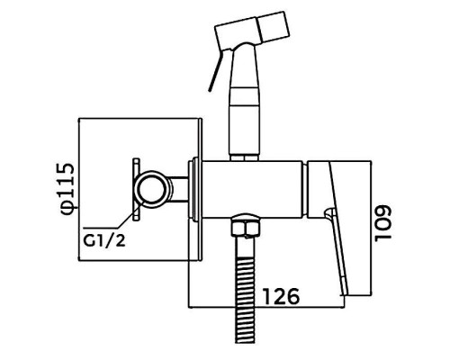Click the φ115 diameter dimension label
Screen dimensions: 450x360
click(x=67, y=189)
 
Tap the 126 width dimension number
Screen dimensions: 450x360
click(x=282, y=296)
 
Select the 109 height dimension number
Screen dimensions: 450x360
click(x=382, y=223)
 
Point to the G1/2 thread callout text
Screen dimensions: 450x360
click(x=104, y=240)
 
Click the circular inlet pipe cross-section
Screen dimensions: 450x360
click(x=152, y=189)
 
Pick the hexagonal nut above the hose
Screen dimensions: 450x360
click(x=246, y=227)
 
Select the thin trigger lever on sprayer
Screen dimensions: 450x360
click(x=216, y=70)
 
